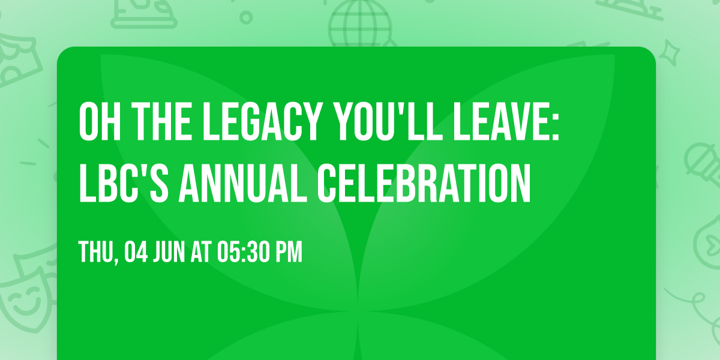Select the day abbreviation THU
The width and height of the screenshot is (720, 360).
pyautogui.click(x=95, y=253)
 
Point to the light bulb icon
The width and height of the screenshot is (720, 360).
pyautogui.click(x=708, y=240)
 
